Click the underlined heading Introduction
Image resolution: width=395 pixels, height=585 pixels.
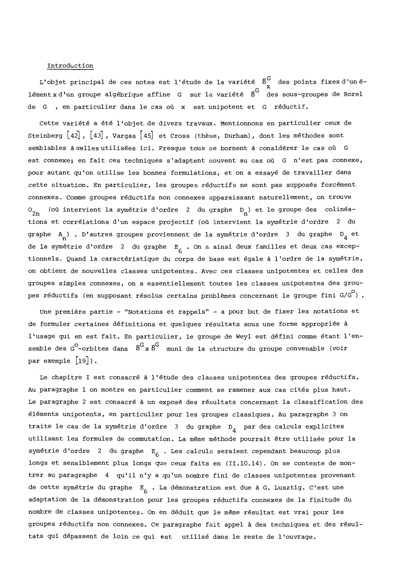pyautogui.click(x=70, y=66)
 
